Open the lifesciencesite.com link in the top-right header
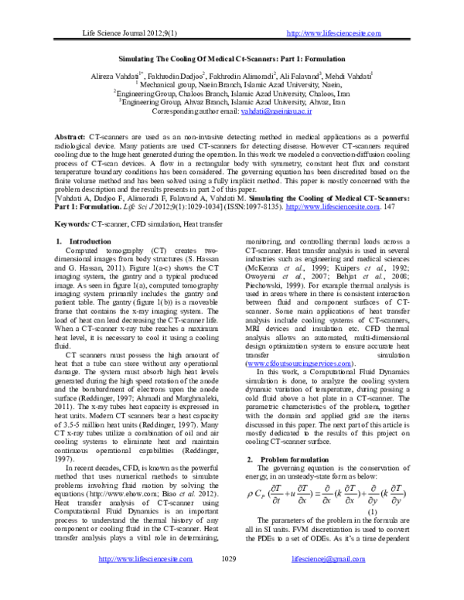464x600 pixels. pos(333,33)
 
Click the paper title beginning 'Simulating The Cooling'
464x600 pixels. pos(232,58)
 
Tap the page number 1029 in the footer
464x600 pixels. pos(228,579)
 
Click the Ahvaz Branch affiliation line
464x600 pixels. pos(232,100)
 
